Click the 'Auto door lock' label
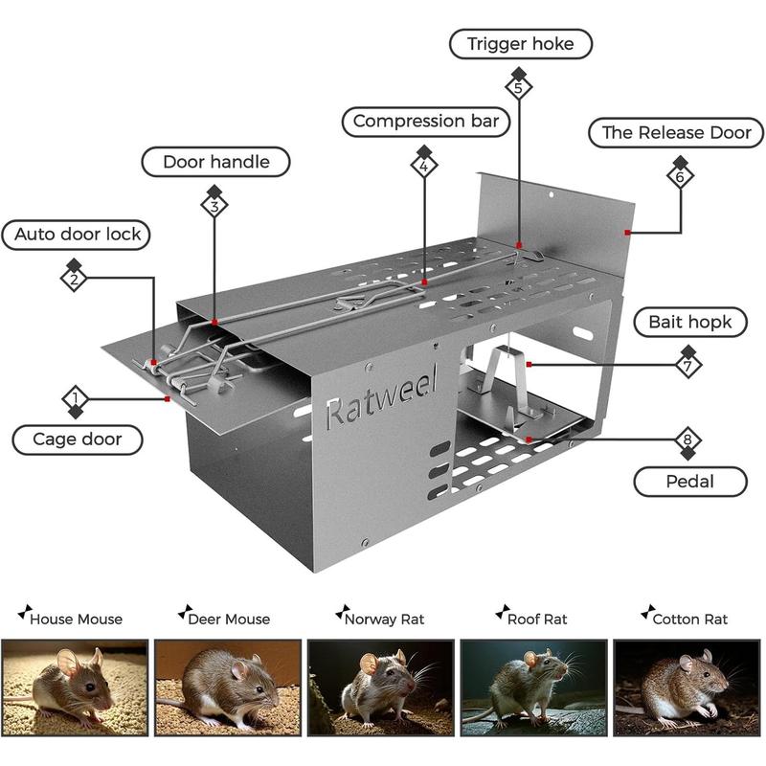[x=78, y=234]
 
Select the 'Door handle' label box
[x=215, y=162]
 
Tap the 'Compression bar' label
[x=426, y=122]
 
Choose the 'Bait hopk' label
[x=689, y=322]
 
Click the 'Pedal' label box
[x=689, y=481]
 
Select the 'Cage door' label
[x=78, y=439]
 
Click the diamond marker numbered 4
[x=424, y=165]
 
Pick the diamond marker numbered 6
[x=680, y=176]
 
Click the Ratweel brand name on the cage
[x=381, y=399]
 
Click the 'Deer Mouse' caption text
[x=229, y=619]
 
